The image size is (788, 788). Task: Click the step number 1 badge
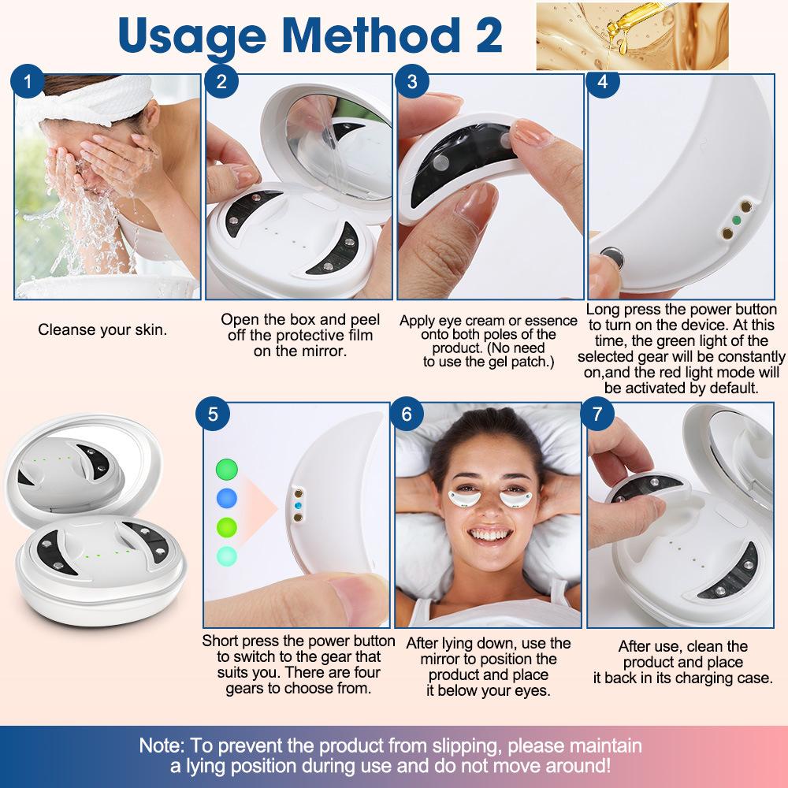click(x=29, y=82)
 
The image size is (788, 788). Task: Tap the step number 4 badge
click(x=603, y=82)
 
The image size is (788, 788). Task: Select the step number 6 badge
click(x=407, y=414)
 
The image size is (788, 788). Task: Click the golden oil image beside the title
click(x=631, y=36)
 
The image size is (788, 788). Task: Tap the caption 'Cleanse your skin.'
click(x=102, y=329)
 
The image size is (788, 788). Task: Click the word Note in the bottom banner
click(x=163, y=745)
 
